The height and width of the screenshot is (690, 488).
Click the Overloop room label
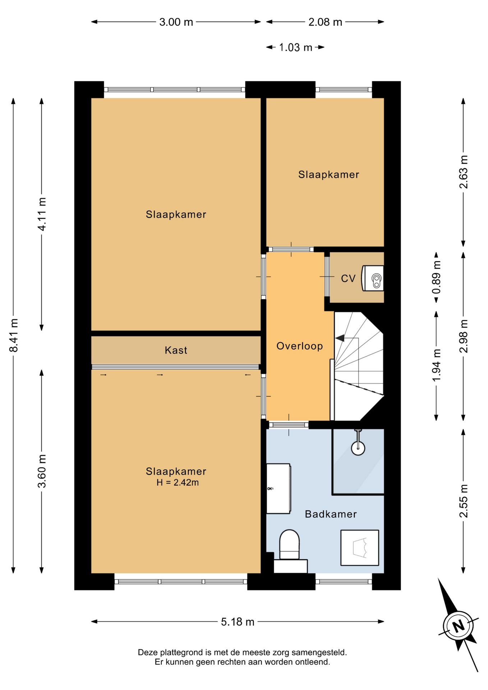(x=299, y=346)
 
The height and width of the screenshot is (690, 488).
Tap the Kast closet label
(x=176, y=350)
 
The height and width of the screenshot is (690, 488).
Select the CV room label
(x=348, y=279)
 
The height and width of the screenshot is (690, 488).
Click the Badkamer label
(x=331, y=514)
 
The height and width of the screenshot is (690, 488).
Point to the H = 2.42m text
(x=178, y=482)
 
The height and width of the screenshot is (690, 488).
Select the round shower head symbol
(x=358, y=448)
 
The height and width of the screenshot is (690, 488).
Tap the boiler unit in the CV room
(x=373, y=278)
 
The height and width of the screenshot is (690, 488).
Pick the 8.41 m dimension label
(x=14, y=335)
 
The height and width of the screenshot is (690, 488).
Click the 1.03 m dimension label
(x=295, y=47)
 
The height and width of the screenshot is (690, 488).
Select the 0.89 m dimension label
(x=436, y=277)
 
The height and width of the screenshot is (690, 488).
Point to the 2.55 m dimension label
(x=464, y=501)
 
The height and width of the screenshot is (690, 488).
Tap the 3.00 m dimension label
(x=176, y=22)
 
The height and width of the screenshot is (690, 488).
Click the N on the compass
(x=458, y=626)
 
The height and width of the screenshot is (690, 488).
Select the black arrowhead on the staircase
(x=340, y=338)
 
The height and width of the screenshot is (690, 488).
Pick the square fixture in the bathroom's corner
(x=360, y=548)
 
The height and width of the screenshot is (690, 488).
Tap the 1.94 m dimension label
(x=436, y=365)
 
